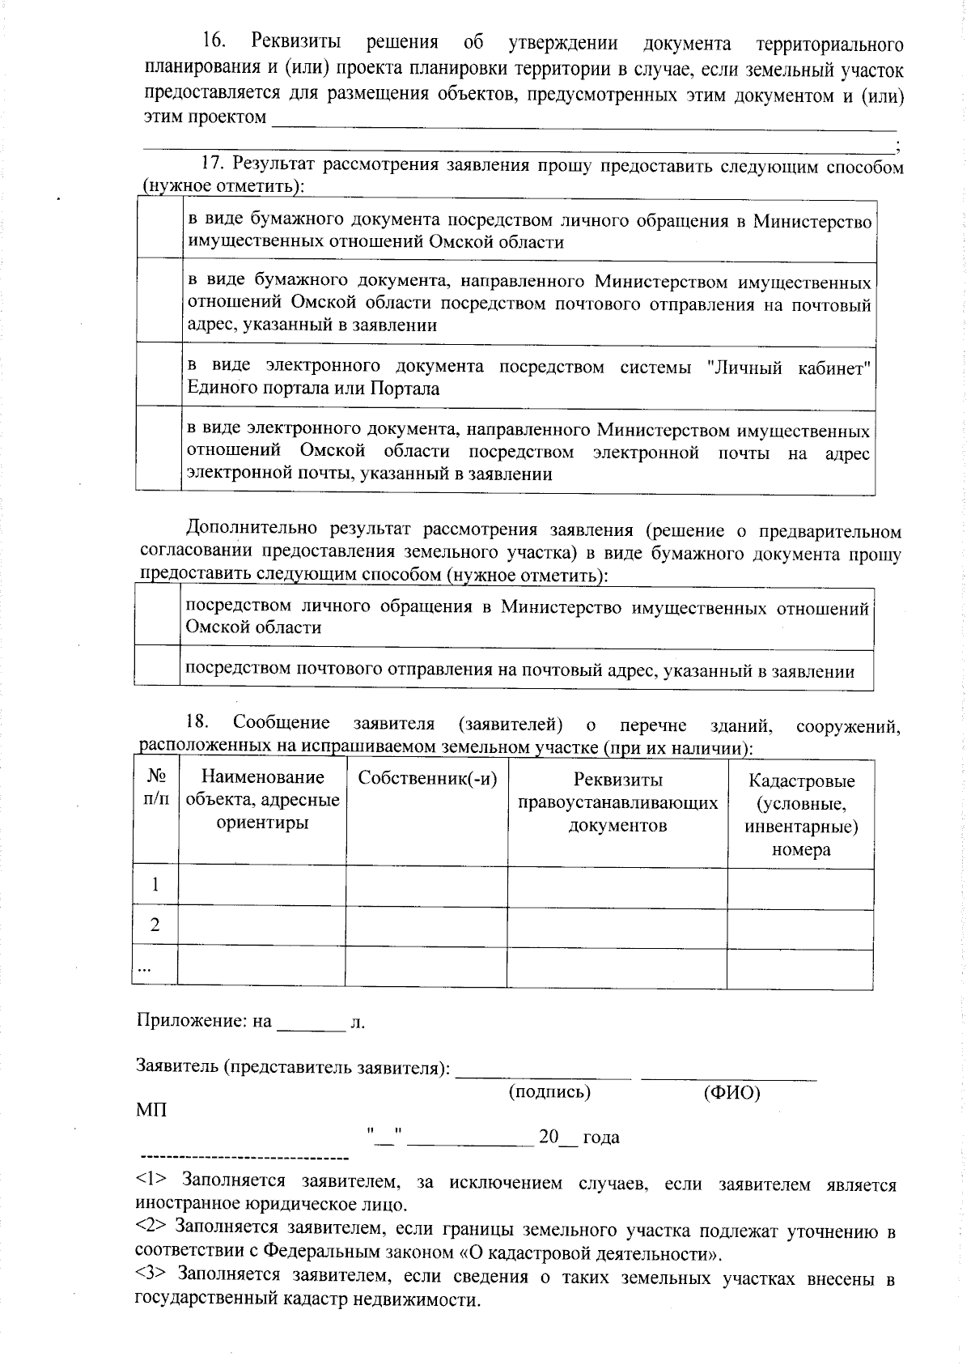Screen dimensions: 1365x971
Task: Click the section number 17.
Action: pyautogui.click(x=211, y=164)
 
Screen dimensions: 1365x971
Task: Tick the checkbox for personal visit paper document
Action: pyautogui.click(x=159, y=230)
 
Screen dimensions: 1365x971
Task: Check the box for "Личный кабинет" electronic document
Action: pyautogui.click(x=159, y=376)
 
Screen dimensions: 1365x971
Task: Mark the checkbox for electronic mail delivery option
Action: pyautogui.click(x=159, y=449)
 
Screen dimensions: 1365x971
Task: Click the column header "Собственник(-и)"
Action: pyautogui.click(x=427, y=778)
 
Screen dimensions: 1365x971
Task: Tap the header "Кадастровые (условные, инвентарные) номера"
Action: pyautogui.click(x=801, y=814)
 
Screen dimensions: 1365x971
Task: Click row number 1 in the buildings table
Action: pyautogui.click(x=155, y=884)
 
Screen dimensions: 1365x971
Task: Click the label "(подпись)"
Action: pyautogui.click(x=549, y=1092)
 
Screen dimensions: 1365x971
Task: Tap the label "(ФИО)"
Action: pyautogui.click(x=731, y=1093)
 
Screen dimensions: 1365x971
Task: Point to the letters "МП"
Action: pyautogui.click(x=152, y=1109)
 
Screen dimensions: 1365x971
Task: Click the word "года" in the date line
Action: pyautogui.click(x=600, y=1137)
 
